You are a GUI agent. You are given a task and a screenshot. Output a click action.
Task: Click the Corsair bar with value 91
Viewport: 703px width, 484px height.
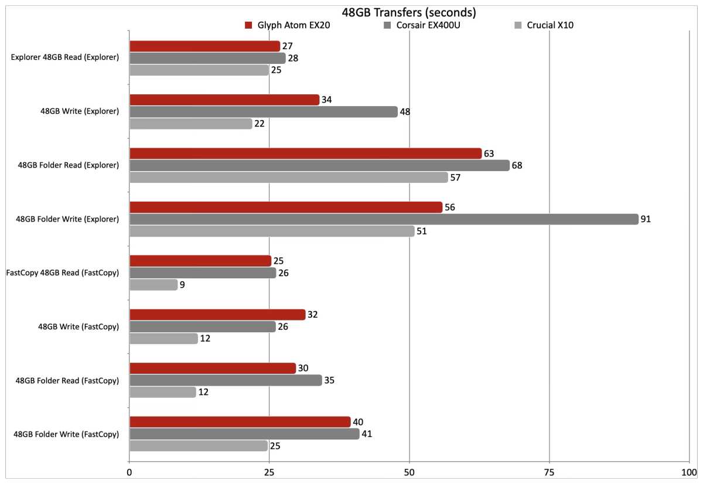(384, 219)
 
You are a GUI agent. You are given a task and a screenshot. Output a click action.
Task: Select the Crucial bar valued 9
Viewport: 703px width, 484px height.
(153, 285)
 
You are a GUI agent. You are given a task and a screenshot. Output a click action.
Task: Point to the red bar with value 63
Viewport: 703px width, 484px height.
(305, 154)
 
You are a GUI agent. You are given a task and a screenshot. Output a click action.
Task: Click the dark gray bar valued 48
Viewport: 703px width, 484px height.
(263, 111)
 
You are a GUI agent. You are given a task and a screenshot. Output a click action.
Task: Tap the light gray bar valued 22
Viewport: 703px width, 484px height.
(190, 124)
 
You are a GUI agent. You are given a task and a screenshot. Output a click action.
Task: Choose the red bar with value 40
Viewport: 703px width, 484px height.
(240, 422)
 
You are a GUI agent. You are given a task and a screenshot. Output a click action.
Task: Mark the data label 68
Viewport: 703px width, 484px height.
(517, 165)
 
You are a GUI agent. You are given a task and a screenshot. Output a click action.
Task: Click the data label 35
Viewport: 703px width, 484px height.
(329, 380)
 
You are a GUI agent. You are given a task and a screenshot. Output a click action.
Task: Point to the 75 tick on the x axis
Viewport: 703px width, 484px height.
(549, 472)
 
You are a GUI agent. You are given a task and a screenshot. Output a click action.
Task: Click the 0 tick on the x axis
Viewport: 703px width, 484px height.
(129, 472)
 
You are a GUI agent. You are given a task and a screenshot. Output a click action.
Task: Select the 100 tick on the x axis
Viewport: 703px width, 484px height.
(689, 472)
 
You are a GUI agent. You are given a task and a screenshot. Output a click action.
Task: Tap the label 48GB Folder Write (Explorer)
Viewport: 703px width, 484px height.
(68, 219)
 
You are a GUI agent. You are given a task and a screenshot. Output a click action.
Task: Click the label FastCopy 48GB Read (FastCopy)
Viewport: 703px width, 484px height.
(62, 273)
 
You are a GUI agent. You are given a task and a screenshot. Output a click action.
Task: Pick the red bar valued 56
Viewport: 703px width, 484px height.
(286, 207)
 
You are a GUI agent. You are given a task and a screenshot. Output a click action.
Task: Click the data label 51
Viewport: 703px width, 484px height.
(421, 231)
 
